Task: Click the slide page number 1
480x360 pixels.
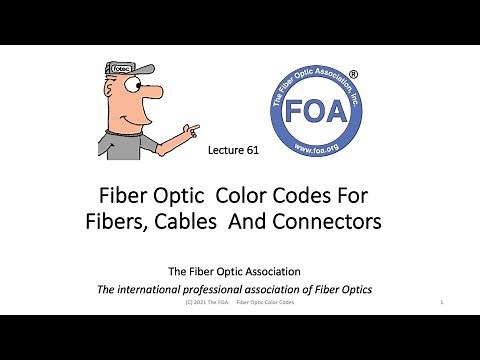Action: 441,301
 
